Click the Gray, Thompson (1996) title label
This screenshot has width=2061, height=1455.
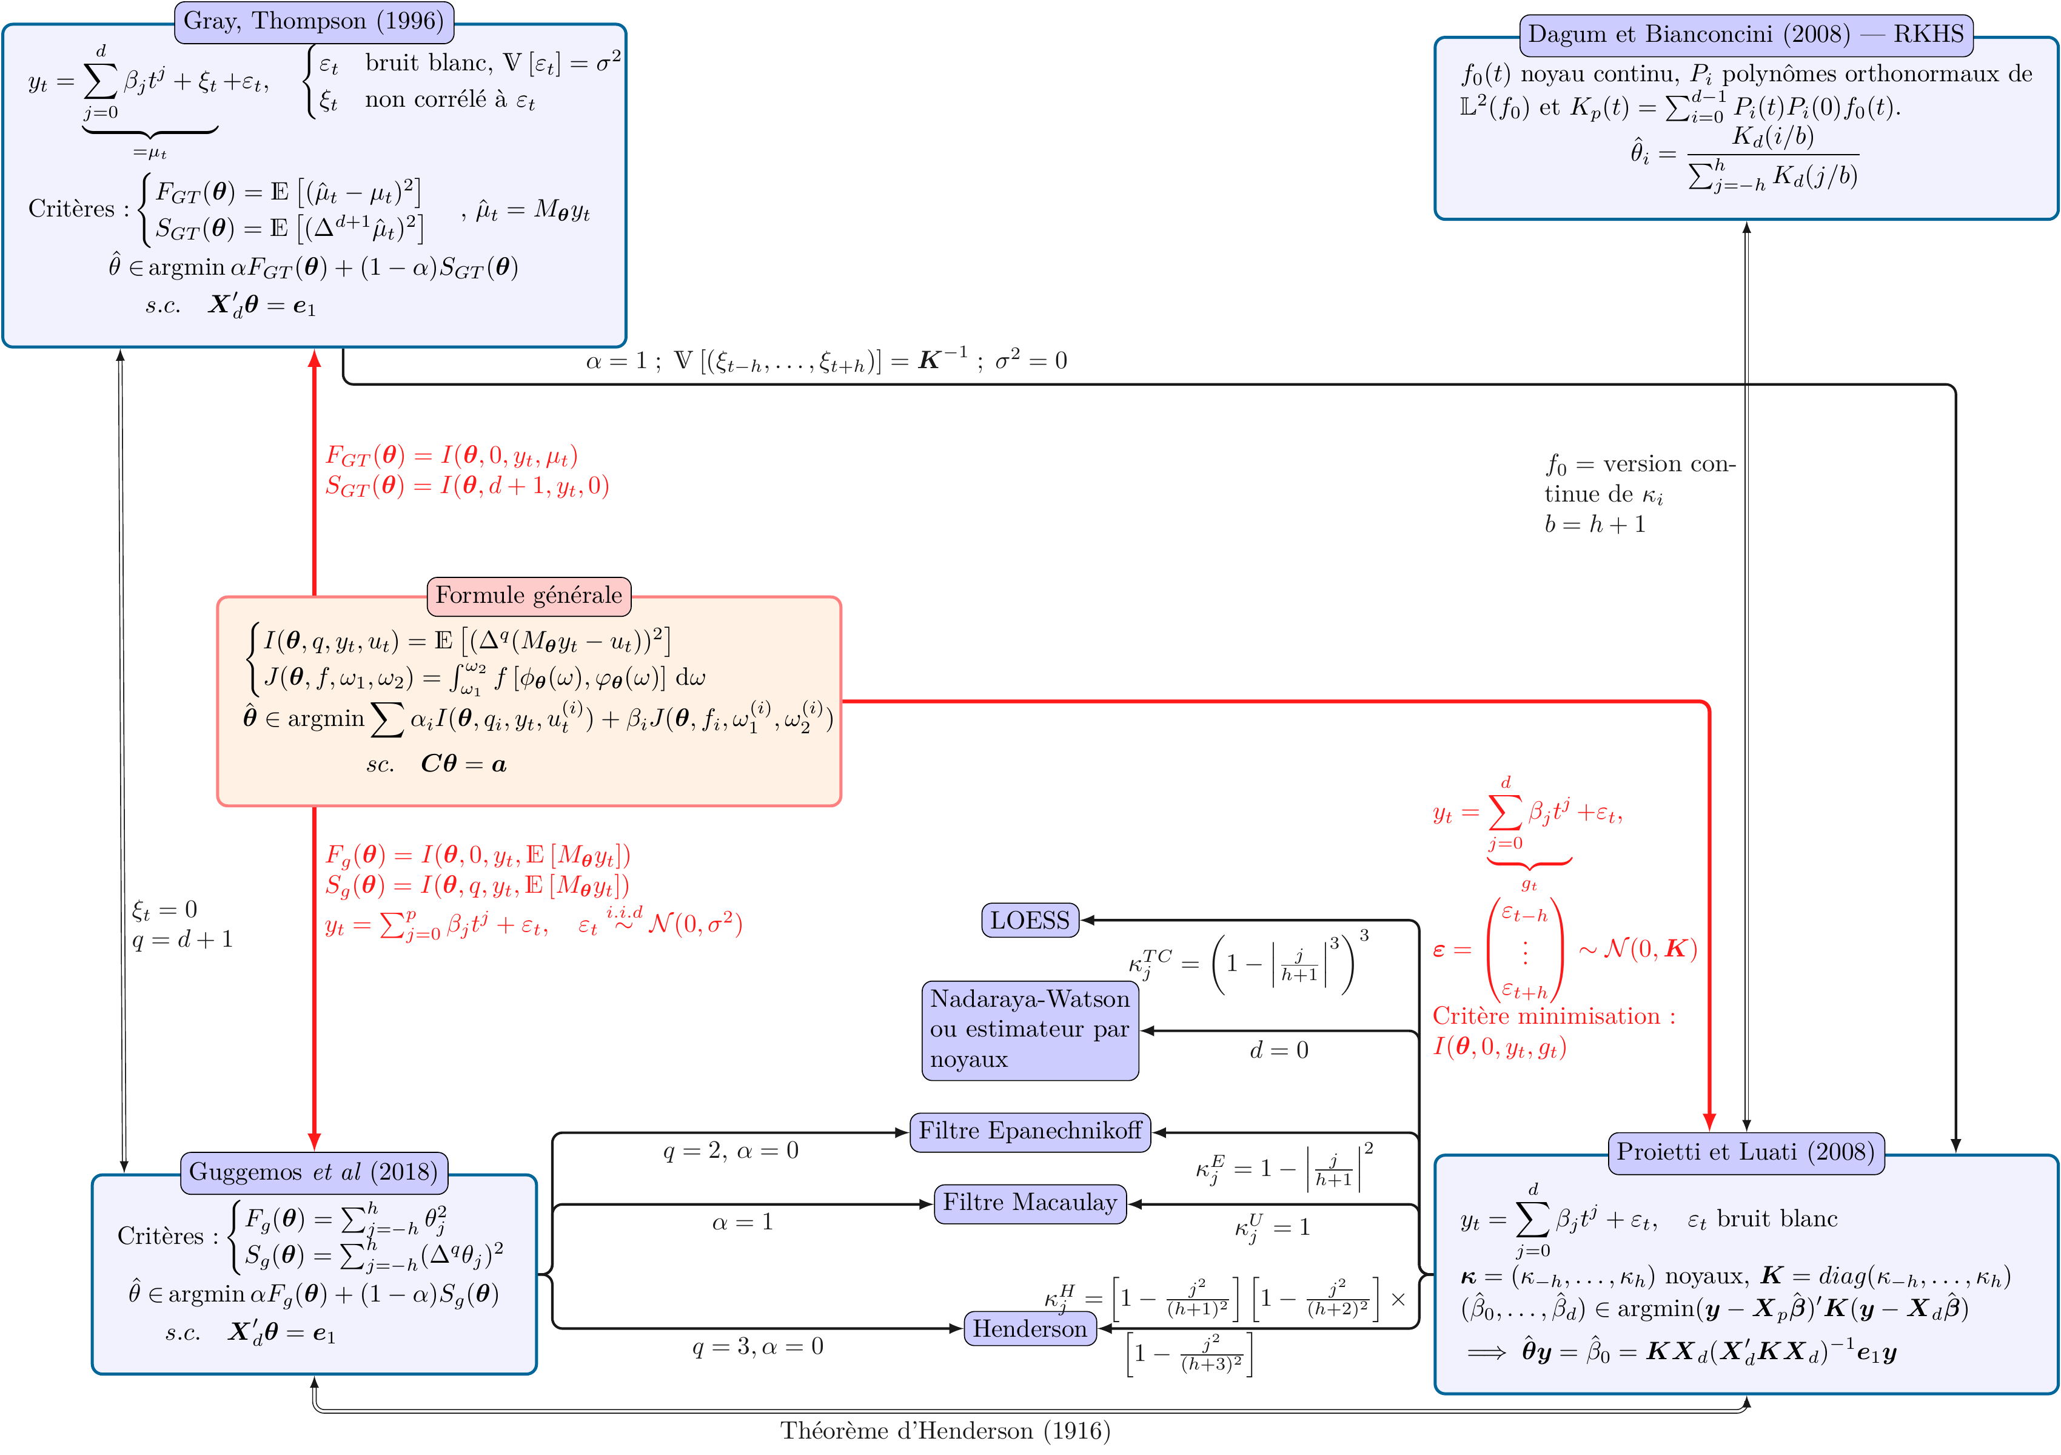coord(313,22)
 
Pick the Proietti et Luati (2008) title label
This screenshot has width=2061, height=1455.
coord(1745,1152)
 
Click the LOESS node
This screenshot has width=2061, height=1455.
coord(1030,920)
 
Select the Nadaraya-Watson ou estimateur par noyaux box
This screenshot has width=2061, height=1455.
coord(1030,1030)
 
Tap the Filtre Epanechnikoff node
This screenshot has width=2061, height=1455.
coord(1030,1131)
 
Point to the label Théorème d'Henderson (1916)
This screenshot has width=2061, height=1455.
coord(944,1431)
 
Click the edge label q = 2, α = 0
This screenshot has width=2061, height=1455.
coord(731,1151)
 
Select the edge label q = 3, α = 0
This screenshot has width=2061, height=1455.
coord(757,1346)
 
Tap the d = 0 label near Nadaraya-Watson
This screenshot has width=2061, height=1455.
coord(1278,1050)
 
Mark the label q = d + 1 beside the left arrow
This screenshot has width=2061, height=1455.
coord(183,940)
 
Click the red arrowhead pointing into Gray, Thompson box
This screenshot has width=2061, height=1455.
coord(314,359)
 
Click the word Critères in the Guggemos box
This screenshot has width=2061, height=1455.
coord(161,1237)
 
